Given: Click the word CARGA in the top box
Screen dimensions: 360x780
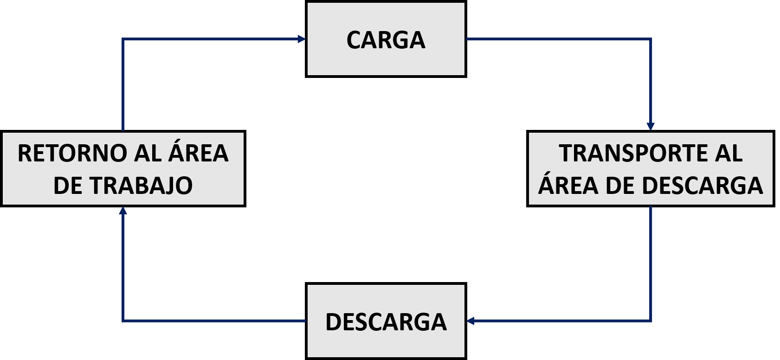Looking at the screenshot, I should tap(386, 40).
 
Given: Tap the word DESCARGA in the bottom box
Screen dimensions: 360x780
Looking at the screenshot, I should tap(386, 322).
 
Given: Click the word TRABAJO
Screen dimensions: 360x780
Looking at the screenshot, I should tap(141, 186).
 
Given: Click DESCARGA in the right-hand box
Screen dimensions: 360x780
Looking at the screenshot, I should tap(703, 186).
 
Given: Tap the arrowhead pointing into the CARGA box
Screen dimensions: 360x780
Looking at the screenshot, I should tap(302, 39).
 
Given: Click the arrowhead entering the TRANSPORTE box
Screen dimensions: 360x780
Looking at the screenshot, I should tap(651, 126).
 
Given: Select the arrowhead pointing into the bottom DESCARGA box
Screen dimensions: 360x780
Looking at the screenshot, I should tap(471, 321).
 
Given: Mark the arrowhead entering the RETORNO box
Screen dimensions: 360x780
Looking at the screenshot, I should tap(123, 211).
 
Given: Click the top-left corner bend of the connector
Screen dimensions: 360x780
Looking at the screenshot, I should tap(123, 39).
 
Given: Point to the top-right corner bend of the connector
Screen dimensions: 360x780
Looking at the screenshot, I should tap(651, 39).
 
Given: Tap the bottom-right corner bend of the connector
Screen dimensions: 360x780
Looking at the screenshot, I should tap(651, 321).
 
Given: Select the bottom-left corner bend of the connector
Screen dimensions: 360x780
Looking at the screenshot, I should tap(123, 321).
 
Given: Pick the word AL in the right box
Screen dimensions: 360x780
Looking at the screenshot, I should tap(729, 154).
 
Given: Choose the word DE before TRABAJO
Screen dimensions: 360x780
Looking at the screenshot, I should tap(68, 186).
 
